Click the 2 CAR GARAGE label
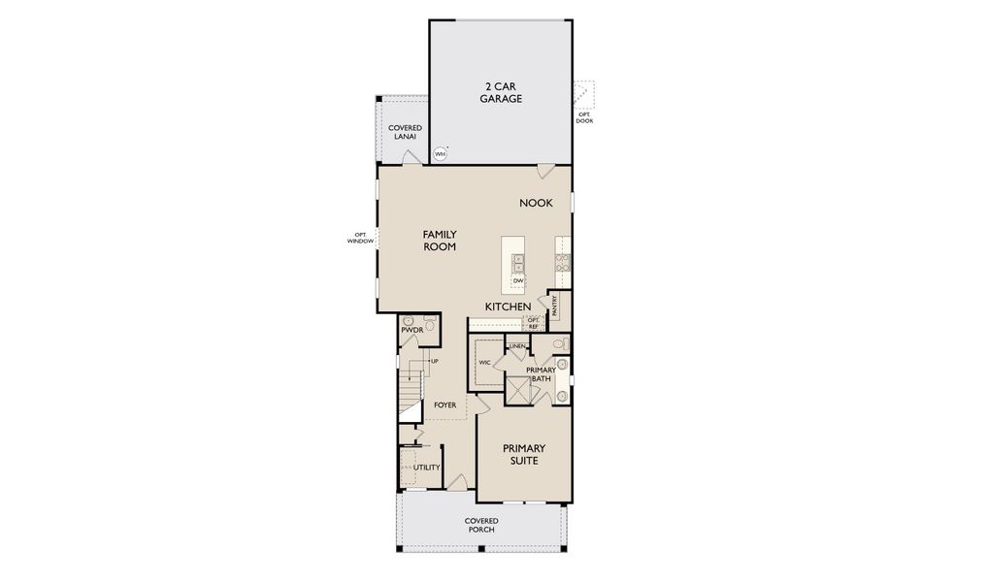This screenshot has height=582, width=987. tap(501, 92)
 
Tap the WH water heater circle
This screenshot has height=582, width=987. tap(440, 154)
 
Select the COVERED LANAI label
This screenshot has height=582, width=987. tap(404, 132)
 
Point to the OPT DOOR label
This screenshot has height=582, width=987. tap(584, 117)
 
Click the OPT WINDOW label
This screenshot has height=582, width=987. tap(359, 238)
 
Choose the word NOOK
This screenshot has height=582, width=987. tap(536, 203)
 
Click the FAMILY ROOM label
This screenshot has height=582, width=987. tap(439, 241)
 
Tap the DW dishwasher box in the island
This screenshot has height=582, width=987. tap(518, 280)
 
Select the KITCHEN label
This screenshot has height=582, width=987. tap(508, 307)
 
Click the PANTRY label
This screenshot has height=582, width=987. tap(554, 306)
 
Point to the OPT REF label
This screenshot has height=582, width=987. tap(533, 323)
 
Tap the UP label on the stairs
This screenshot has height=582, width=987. tap(434, 361)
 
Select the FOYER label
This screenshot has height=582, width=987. tap(445, 404)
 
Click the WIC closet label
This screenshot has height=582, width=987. tap(484, 362)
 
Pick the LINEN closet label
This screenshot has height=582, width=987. tap(516, 346)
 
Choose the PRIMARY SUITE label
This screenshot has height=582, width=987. tap(523, 454)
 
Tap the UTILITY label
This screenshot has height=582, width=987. tap(427, 467)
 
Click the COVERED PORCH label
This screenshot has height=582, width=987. tap(481, 526)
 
